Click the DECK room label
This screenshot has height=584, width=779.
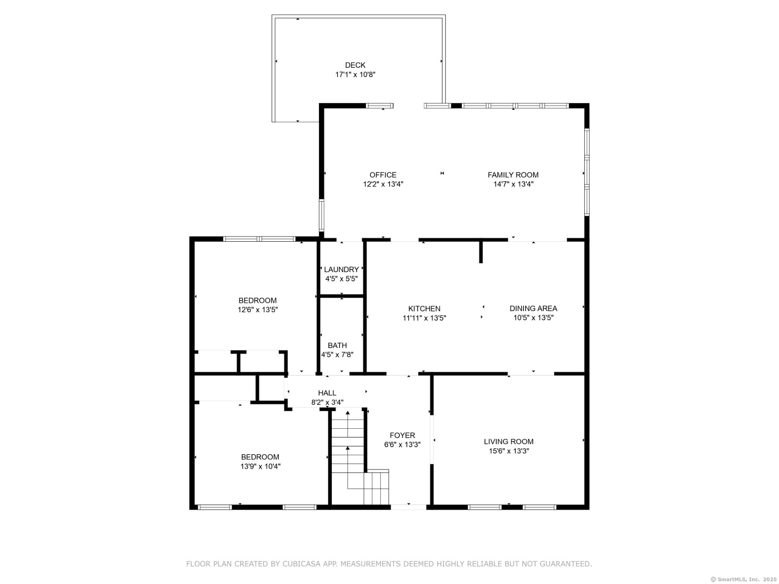355,65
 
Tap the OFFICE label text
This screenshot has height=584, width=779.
383,175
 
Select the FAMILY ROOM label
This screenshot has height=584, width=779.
513,175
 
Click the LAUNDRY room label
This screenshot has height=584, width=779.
341,270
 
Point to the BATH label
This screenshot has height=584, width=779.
337,346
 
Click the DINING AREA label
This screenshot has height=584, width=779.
533,309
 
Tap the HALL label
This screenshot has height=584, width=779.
327,393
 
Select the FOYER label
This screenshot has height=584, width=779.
402,436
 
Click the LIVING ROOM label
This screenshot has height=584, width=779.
508,442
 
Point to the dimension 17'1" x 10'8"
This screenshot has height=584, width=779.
355,75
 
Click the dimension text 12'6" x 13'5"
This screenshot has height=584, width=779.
258,310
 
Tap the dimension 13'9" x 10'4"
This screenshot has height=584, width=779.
260,466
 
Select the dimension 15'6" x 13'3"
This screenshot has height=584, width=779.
509,451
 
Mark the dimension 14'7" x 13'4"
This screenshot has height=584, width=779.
513,184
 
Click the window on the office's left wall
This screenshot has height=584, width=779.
322,215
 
